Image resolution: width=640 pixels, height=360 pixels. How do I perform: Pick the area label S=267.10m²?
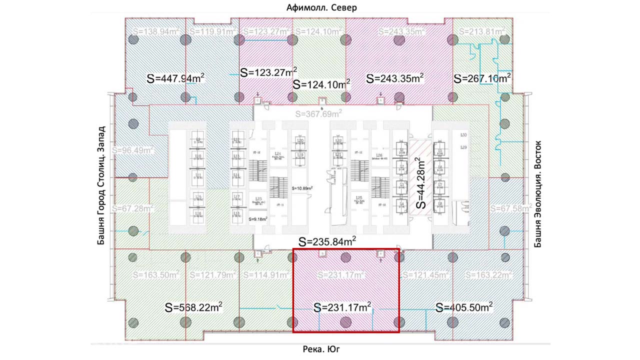point(482,78)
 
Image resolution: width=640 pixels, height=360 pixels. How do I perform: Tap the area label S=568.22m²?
point(194,307)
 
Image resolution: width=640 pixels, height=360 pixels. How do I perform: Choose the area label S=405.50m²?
point(464,307)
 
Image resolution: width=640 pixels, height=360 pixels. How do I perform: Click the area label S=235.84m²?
point(327,241)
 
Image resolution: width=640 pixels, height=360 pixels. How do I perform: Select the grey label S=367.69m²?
point(318,113)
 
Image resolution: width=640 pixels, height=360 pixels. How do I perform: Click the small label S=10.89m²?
point(302,188)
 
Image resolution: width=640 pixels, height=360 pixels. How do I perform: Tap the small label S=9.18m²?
point(258,219)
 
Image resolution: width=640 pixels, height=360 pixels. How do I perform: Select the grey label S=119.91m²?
point(212,31)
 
